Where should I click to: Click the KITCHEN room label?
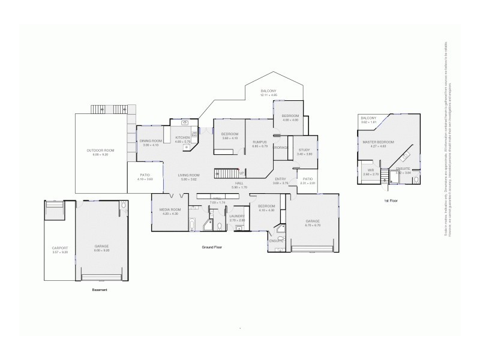[183, 137]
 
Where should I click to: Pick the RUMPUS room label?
[259, 142]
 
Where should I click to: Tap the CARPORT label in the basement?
[59, 248]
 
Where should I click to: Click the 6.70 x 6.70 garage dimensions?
[313, 226]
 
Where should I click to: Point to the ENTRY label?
[280, 179]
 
